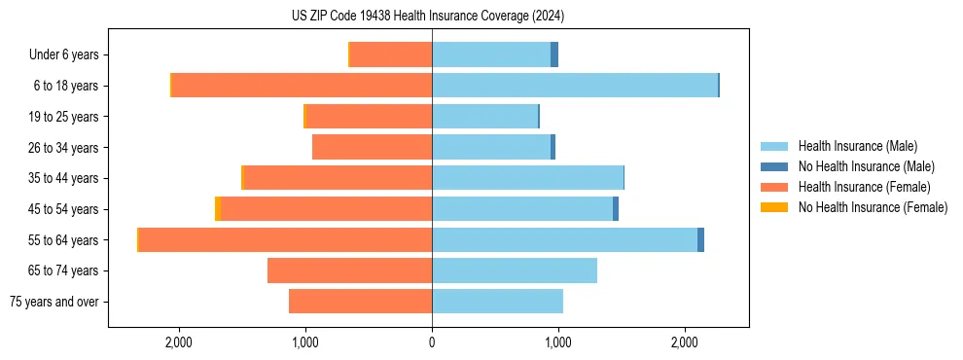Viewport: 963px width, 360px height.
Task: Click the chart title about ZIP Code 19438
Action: click(428, 17)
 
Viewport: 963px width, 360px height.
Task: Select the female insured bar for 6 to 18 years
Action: click(302, 86)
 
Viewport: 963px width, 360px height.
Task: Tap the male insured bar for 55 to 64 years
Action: click(564, 240)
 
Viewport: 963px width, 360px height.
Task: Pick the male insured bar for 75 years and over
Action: click(497, 302)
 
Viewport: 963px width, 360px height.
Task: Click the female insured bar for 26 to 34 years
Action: click(372, 147)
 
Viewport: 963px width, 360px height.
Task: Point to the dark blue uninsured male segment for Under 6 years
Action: click(554, 54)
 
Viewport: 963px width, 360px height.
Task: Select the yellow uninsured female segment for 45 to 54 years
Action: click(218, 209)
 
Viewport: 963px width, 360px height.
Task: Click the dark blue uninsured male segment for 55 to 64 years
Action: click(700, 240)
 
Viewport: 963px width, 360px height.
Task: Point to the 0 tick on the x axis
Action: click(432, 342)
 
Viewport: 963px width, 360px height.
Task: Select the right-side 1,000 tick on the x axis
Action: click(558, 342)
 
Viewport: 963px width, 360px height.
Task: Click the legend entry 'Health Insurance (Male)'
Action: click(857, 146)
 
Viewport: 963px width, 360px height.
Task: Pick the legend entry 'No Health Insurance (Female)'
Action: click(873, 207)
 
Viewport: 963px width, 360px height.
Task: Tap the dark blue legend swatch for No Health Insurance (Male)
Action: click(773, 166)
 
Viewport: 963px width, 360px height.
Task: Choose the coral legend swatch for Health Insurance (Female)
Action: click(773, 187)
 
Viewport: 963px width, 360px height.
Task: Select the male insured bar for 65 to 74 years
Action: click(515, 270)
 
